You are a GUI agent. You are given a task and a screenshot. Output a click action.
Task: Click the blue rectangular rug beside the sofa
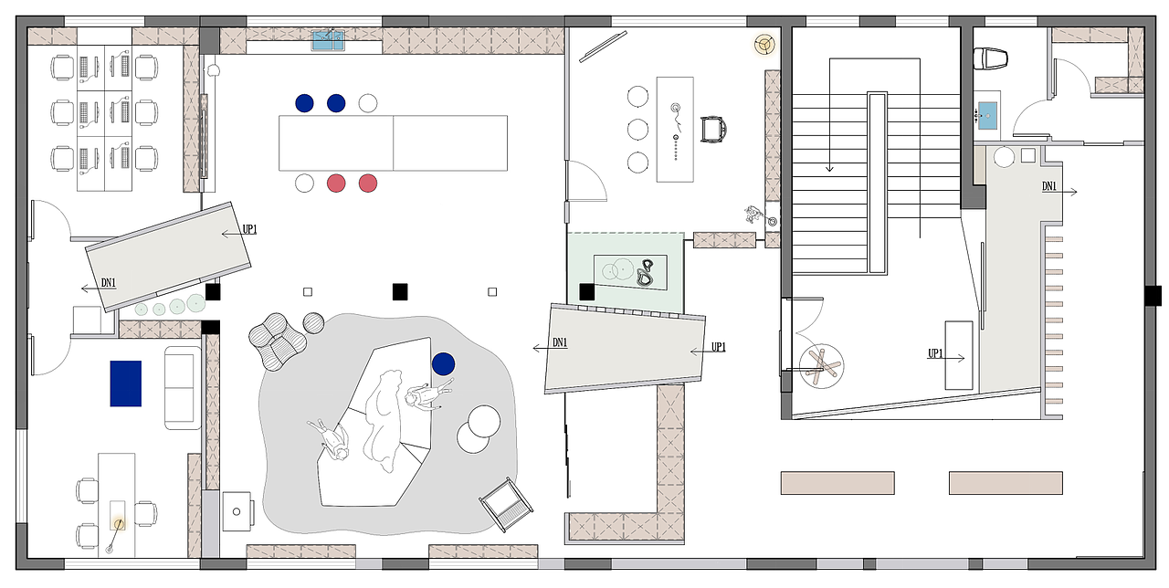[126, 383]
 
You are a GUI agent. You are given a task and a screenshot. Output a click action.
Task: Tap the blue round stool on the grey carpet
[443, 363]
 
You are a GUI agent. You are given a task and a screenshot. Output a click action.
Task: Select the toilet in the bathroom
[990, 58]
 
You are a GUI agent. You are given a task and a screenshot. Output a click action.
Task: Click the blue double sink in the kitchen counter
[328, 40]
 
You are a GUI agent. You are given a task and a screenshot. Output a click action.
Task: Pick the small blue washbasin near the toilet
[987, 115]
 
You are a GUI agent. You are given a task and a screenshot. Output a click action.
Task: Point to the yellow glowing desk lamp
[119, 523]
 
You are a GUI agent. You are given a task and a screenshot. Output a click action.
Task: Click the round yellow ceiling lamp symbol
[765, 45]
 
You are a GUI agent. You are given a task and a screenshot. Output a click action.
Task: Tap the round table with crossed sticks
[821, 366]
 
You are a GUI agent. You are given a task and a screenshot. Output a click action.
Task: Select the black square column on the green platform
[586, 291]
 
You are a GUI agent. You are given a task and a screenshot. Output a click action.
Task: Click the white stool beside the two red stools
[304, 184]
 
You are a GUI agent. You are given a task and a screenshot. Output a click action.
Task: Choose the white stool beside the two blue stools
[368, 103]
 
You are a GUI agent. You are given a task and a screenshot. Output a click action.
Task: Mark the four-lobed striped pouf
[277, 341]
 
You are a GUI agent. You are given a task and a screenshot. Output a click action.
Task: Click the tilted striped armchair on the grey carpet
[506, 505]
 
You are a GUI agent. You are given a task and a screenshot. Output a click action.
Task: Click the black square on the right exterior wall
[1153, 296]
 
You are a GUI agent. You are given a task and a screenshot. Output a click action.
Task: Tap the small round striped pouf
[313, 323]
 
